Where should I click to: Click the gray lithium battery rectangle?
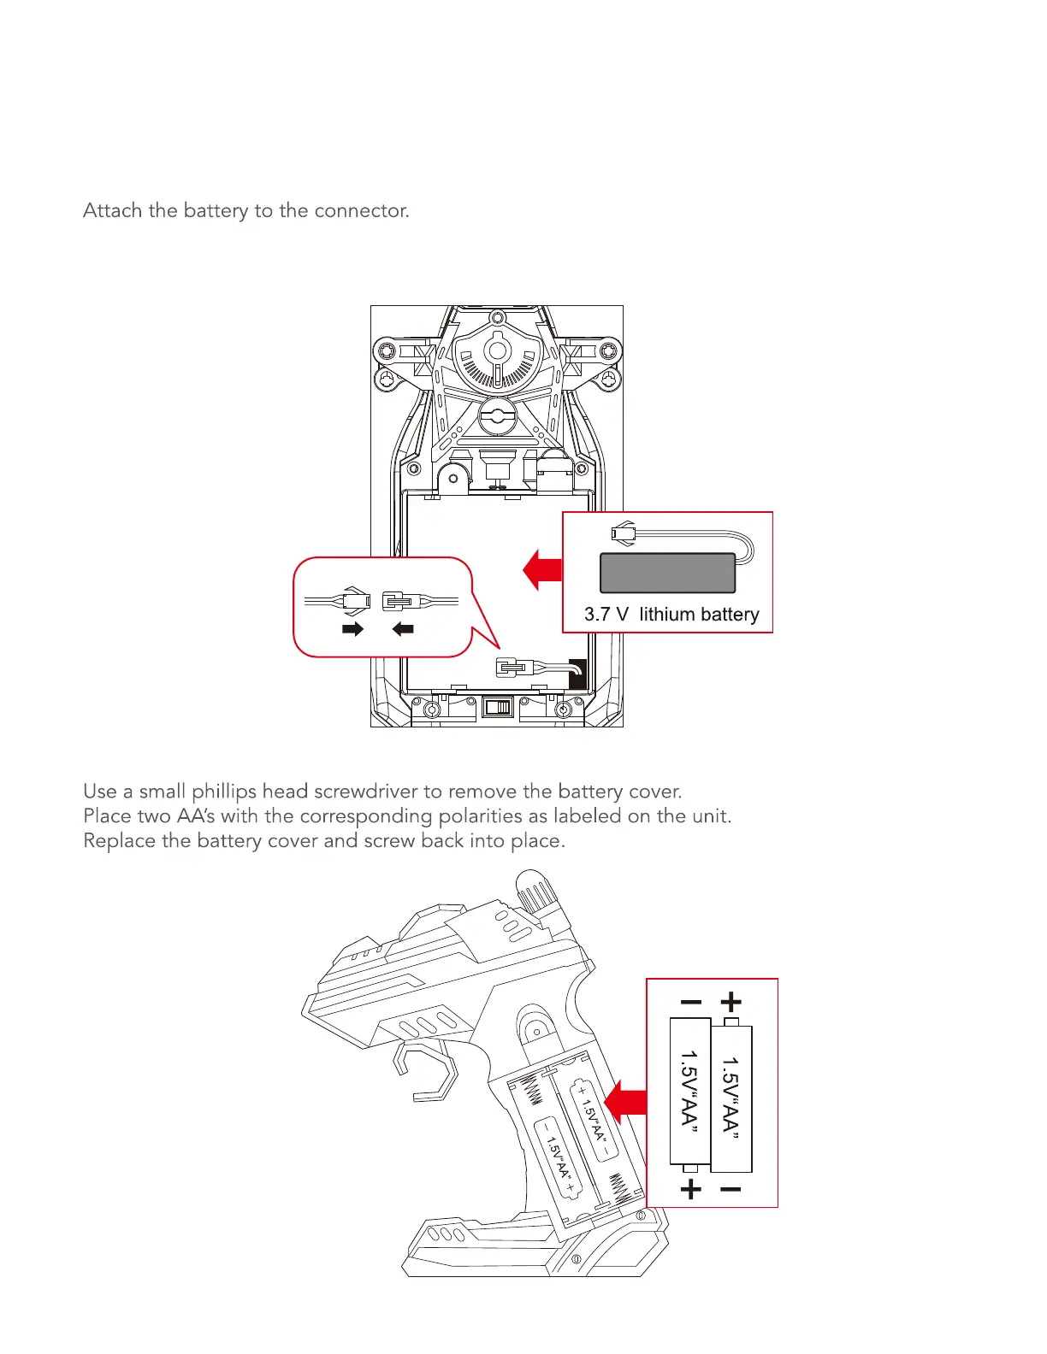(x=667, y=573)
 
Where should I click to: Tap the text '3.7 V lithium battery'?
(x=671, y=615)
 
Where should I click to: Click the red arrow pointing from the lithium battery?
(x=542, y=570)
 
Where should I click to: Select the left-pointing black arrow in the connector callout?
(x=403, y=629)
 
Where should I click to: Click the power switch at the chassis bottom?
(x=497, y=707)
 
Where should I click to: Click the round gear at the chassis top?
(x=497, y=350)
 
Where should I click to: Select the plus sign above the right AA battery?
(x=731, y=1002)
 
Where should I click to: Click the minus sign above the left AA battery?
(x=690, y=1003)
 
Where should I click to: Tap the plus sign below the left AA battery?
(x=690, y=1189)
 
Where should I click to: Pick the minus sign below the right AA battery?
(x=731, y=1189)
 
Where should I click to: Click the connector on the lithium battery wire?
(x=624, y=533)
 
